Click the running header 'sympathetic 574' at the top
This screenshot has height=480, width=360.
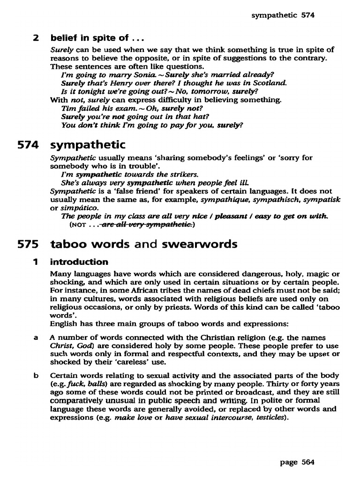click(283, 15)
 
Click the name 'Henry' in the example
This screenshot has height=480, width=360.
click(115, 82)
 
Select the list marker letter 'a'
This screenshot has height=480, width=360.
click(36, 337)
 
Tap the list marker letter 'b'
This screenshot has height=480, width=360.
click(36, 375)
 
